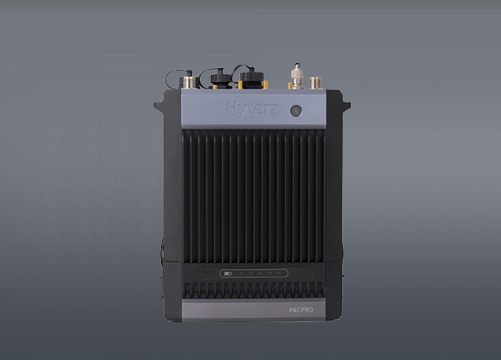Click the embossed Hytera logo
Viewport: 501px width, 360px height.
[x=252, y=109]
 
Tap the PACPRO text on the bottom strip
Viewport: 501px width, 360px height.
[x=301, y=310]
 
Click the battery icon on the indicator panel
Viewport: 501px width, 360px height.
[x=228, y=273]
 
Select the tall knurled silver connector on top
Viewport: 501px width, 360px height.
[x=297, y=77]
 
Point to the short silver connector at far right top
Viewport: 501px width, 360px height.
[x=315, y=83]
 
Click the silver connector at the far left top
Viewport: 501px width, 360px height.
[x=189, y=81]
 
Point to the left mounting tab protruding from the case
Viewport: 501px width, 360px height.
[x=160, y=105]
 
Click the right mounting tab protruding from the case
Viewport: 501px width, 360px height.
[x=346, y=105]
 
